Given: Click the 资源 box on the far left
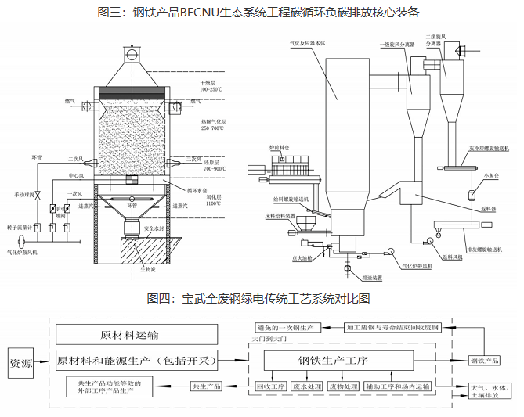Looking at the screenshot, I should [21, 364].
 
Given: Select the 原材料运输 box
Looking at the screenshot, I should [130, 335].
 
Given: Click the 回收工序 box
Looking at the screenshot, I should [269, 386].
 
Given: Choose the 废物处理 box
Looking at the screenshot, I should [342, 386].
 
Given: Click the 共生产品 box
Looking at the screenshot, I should [207, 386].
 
